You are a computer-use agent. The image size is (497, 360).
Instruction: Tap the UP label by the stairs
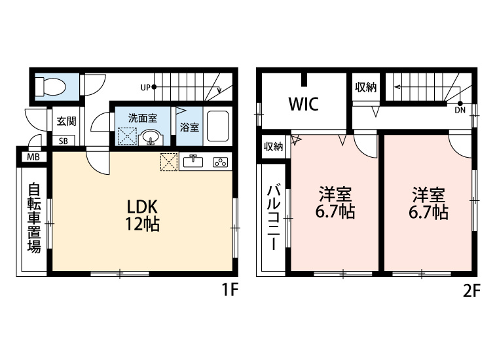pos(145,86)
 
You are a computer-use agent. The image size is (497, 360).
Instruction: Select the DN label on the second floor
pos(460,110)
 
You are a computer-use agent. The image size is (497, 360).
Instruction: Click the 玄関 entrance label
pos(65,120)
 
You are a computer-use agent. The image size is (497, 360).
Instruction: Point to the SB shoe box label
pos(65,140)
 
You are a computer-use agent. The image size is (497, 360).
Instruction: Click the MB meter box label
pos(32,156)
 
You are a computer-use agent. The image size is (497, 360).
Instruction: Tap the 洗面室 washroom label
pos(142,118)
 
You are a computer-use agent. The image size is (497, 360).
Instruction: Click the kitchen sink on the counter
pos(193,162)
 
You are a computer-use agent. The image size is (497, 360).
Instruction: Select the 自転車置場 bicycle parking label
pos(34,218)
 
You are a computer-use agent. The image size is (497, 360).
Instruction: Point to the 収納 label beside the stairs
pos(366,88)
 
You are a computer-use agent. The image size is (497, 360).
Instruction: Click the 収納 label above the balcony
pos(273,147)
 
